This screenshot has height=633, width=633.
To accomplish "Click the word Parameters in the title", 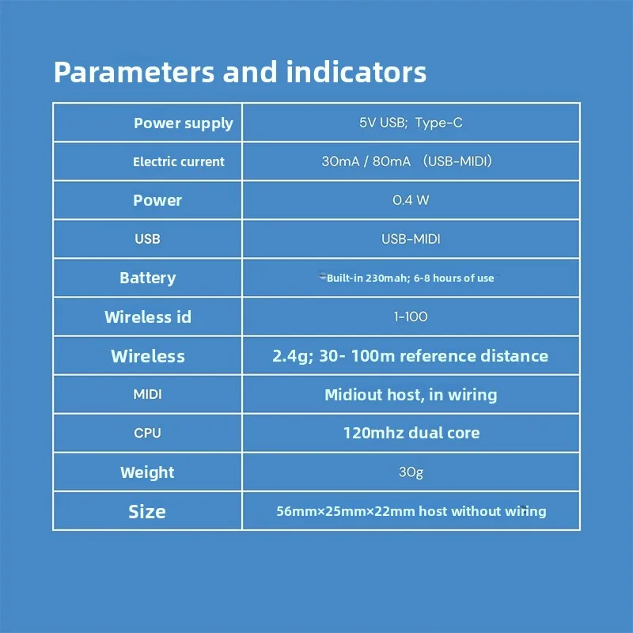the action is (x=134, y=73).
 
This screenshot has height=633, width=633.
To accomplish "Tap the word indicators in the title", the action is (x=356, y=72).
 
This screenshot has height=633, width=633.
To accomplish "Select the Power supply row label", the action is (x=184, y=123).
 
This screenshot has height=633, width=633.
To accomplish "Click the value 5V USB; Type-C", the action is (x=411, y=123).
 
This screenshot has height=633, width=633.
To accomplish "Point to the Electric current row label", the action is (x=179, y=161).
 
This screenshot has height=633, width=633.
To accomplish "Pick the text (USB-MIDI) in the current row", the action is (x=457, y=161).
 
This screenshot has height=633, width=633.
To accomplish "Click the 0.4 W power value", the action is (x=411, y=200).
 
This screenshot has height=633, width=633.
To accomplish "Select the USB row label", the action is (x=147, y=239).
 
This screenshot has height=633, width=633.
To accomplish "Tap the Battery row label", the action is (x=148, y=278).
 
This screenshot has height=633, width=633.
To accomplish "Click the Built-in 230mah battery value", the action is (x=410, y=279).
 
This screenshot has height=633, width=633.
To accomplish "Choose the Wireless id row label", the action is (x=148, y=317).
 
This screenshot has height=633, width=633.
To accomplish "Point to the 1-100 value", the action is (x=411, y=316).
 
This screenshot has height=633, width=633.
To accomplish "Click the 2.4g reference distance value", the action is (x=410, y=355).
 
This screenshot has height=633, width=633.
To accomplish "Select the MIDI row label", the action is (x=147, y=394).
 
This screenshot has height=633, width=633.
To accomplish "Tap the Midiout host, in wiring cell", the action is (x=411, y=395).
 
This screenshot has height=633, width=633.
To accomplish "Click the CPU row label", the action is (x=147, y=433).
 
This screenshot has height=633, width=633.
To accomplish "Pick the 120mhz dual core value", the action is (x=411, y=433).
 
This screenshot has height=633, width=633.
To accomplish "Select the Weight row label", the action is (x=147, y=472).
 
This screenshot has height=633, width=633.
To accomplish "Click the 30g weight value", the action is (x=411, y=472).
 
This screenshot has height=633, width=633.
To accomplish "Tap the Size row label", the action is (x=147, y=511).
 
